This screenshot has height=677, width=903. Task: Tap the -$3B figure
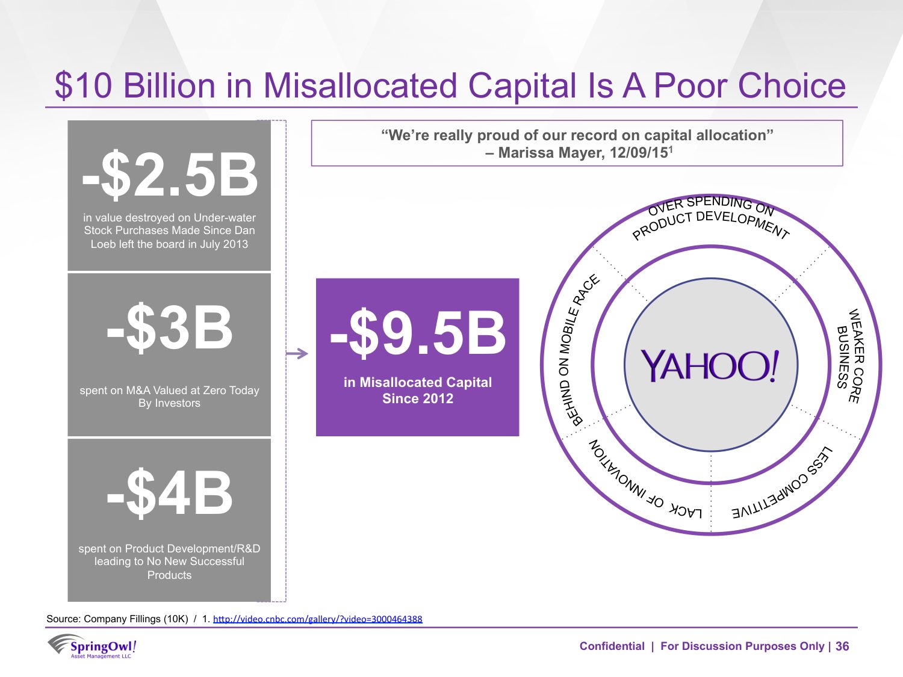(170, 328)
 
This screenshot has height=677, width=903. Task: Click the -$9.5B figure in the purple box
(418, 333)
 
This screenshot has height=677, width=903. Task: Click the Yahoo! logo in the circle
(710, 365)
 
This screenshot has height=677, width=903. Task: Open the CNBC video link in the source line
(318, 619)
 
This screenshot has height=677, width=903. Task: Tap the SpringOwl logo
(92, 646)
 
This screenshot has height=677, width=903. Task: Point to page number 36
(842, 646)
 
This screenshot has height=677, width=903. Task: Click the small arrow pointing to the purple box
(297, 353)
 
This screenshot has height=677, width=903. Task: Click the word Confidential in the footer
(612, 646)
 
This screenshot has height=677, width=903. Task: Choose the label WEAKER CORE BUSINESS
(851, 356)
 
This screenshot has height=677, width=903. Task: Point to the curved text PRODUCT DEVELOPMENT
(710, 224)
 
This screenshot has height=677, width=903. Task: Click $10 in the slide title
(83, 85)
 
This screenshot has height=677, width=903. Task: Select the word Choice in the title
(792, 85)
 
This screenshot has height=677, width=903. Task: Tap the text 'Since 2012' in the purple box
(418, 398)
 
